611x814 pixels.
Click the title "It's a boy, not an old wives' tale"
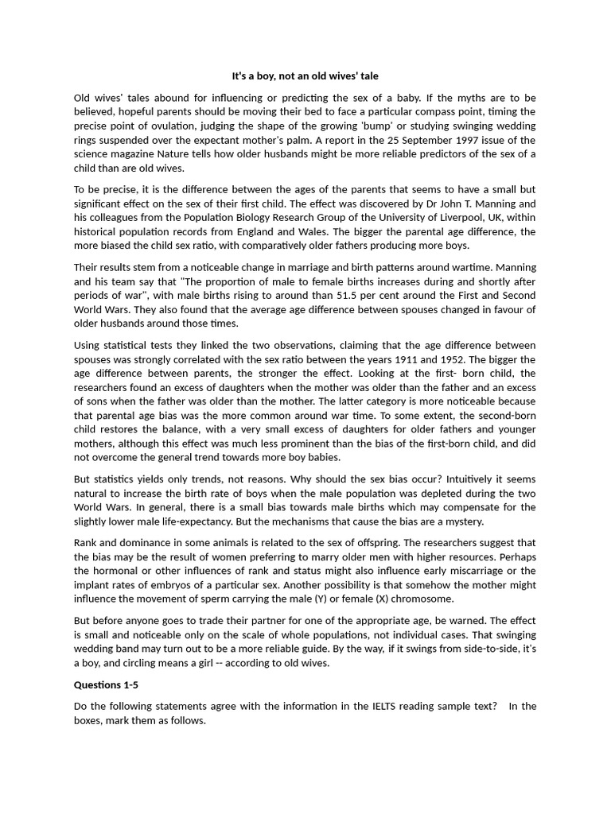(305, 76)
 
